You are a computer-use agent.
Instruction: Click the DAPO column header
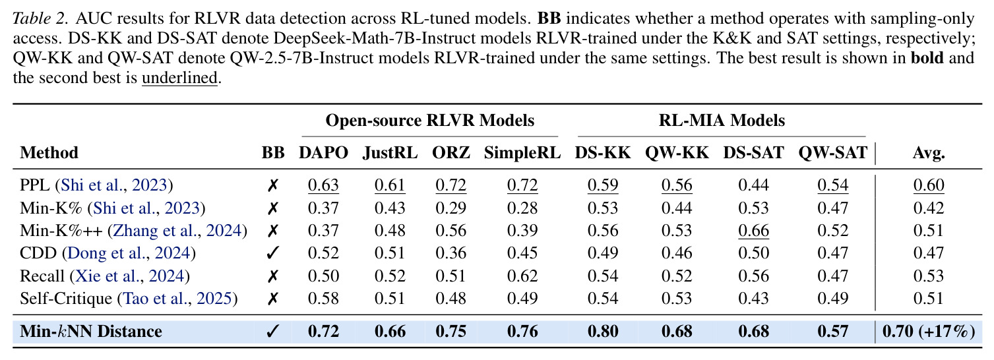click(323, 152)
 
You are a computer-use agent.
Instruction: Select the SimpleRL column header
click(522, 152)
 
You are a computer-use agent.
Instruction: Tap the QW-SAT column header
click(832, 152)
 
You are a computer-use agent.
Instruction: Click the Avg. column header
click(929, 153)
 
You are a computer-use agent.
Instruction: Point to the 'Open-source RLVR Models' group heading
click(429, 120)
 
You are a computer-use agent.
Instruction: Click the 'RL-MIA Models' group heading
click(722, 120)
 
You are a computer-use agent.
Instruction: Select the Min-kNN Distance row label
click(91, 331)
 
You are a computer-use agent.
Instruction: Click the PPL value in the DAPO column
click(323, 185)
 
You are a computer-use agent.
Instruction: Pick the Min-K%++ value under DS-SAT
click(753, 231)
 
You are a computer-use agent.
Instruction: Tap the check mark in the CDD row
click(273, 253)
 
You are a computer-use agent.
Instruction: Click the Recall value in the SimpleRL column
click(522, 276)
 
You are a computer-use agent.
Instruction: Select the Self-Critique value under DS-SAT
click(753, 299)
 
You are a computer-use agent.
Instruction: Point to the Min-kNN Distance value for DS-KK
click(603, 331)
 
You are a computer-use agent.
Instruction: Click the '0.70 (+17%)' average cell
click(929, 331)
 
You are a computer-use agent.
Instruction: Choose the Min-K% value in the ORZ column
click(451, 208)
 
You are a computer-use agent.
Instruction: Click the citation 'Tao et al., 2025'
click(177, 299)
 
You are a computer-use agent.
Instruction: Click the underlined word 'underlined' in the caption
click(179, 78)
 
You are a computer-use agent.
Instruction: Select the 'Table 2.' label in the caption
click(40, 18)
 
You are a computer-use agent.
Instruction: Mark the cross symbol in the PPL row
click(273, 185)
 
